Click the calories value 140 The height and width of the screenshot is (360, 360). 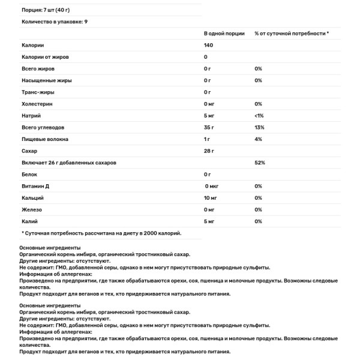pos(209,45)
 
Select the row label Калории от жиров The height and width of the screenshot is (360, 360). pos(46,57)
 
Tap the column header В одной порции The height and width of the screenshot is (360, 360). pos(224,34)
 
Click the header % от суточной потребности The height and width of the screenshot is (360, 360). pos(291,34)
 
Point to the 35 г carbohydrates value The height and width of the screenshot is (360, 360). pos(209,127)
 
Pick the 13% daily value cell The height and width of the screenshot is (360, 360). pos(259,127)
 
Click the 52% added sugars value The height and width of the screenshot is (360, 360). pos(259,163)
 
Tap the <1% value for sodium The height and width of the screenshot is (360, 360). pos(259,115)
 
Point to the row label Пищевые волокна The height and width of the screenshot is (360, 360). pos(44,139)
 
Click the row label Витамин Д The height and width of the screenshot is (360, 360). pos(35,186)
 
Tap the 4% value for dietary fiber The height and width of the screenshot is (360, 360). pos(258,139)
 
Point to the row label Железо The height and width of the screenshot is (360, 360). pos(31,209)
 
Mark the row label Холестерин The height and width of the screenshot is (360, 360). pos(37,104)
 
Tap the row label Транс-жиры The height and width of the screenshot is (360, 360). pos(38,92)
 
